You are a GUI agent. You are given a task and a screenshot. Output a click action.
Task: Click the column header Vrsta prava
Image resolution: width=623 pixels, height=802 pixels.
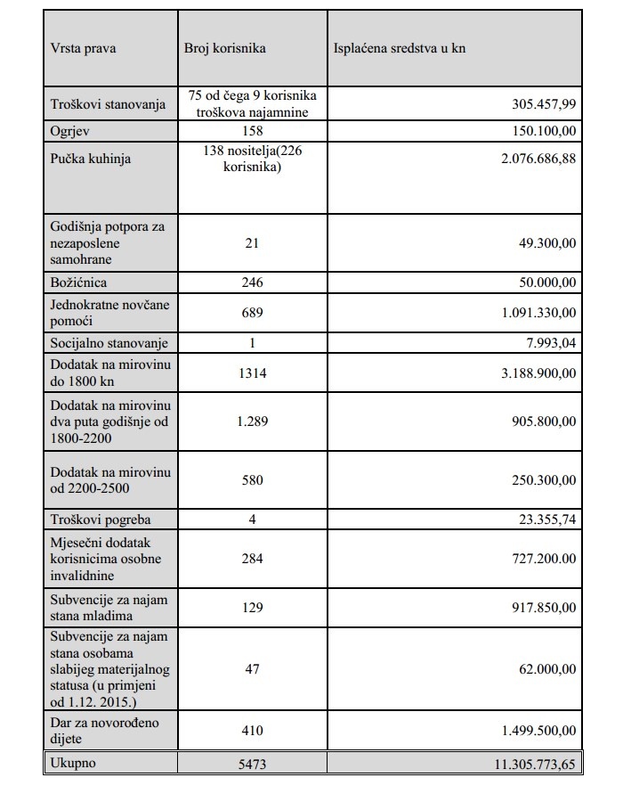pos(84,48)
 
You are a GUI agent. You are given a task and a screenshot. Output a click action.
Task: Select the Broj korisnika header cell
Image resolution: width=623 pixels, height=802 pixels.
pos(224,48)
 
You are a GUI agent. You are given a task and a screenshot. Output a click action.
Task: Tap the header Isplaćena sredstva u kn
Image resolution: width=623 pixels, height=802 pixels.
pos(400,48)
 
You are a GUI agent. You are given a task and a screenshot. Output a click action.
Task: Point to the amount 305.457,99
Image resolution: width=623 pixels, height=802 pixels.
pos(543,104)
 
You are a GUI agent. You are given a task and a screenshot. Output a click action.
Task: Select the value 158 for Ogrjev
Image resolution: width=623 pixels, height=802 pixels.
pos(252,131)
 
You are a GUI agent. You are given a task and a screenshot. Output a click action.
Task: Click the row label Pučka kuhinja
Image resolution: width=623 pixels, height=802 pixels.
pos(91,159)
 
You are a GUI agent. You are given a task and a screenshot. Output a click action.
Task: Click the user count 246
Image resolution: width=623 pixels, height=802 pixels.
pos(252,283)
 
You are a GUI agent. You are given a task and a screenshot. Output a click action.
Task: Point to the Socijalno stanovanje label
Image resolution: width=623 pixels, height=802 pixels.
pos(108,343)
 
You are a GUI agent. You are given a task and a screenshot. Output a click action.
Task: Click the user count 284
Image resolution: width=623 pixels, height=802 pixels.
pos(252,558)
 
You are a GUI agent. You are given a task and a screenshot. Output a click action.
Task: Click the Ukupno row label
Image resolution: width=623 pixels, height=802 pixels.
pos(73,764)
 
